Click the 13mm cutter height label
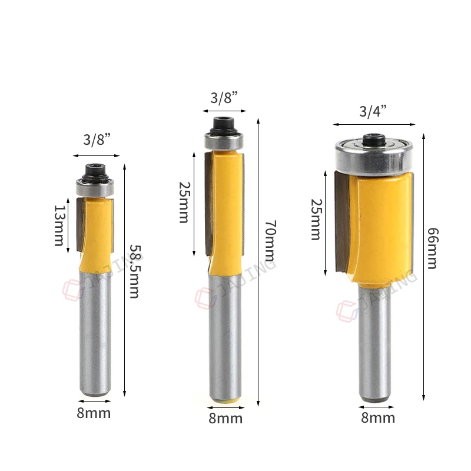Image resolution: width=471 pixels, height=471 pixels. (60, 225)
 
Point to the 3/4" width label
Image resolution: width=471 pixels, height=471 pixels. (374, 112)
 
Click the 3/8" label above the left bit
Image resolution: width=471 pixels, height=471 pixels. (97, 140)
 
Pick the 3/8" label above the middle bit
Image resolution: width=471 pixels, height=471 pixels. (225, 98)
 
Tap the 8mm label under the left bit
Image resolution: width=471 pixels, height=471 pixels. (94, 413)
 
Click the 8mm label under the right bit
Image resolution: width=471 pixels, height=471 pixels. (377, 418)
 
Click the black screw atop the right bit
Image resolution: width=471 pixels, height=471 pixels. (373, 139)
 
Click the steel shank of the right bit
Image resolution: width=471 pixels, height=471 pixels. (374, 341)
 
